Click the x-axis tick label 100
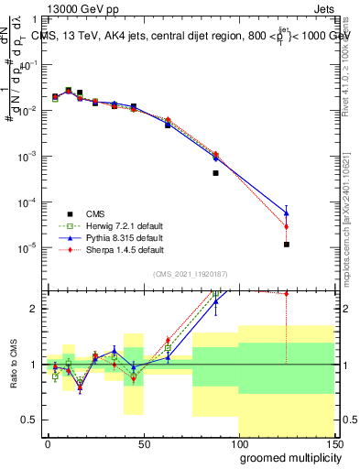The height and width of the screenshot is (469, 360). click(x=239, y=444)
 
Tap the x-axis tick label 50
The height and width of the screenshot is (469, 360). click(x=143, y=444)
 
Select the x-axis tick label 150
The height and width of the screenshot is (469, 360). click(x=334, y=444)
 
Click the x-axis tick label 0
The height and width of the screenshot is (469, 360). click(x=48, y=444)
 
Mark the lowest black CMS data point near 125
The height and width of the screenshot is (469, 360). click(x=287, y=245)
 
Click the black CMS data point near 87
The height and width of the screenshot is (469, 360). click(x=215, y=172)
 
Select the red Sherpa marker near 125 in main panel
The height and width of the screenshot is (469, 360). click(x=287, y=226)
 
